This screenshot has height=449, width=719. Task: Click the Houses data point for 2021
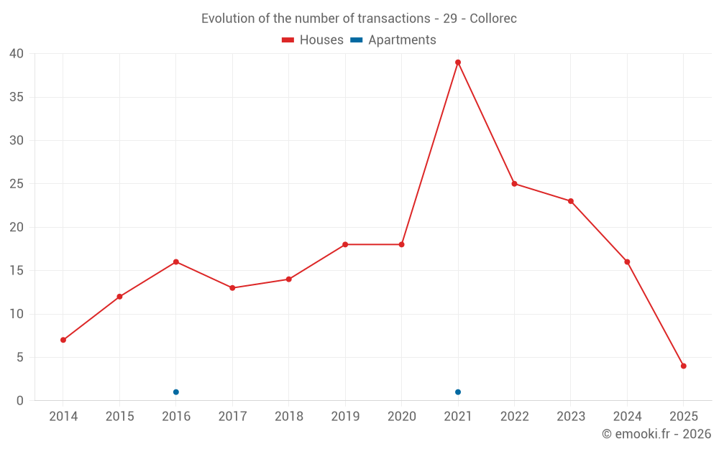(458, 63)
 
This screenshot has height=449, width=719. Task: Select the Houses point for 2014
(63, 340)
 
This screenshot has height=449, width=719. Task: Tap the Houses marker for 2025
(684, 366)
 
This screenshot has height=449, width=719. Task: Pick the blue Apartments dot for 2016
(176, 392)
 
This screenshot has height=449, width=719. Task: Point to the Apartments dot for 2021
(458, 392)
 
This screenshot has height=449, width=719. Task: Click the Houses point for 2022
(514, 184)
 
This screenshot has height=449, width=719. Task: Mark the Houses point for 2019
(345, 244)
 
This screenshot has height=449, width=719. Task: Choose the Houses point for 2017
(232, 288)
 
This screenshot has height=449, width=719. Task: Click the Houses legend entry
(313, 40)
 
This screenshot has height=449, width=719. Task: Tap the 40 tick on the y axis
(17, 54)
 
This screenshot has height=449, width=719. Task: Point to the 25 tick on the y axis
(17, 184)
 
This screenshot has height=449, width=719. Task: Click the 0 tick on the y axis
(20, 401)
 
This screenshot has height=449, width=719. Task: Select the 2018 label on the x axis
(289, 417)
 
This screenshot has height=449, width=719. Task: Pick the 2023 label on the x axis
(571, 417)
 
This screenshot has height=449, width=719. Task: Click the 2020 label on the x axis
(402, 417)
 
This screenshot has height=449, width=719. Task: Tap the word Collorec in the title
(493, 19)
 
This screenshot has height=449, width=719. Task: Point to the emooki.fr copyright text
(656, 434)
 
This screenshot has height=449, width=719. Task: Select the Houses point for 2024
(627, 262)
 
